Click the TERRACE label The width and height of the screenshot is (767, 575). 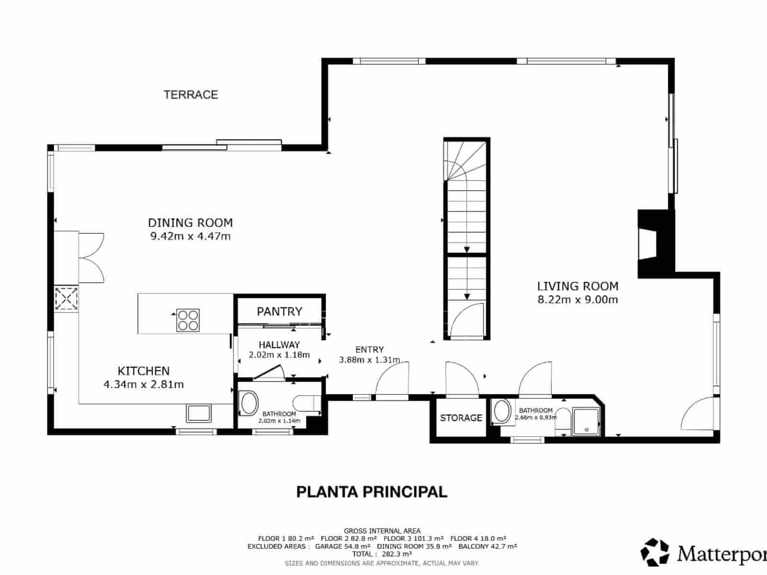(191, 95)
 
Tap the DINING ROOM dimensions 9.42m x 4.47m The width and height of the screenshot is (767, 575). (190, 236)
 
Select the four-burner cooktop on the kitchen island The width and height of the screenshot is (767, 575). (188, 320)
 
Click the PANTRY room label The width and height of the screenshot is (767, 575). (279, 311)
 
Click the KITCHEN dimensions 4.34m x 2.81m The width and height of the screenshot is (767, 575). (143, 384)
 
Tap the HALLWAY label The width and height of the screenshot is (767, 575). (279, 345)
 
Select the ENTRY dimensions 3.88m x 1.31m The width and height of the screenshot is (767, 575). (369, 360)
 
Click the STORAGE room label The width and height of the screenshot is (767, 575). (461, 418)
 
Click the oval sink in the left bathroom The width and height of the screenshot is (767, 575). (249, 403)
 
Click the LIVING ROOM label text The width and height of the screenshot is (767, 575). (577, 287)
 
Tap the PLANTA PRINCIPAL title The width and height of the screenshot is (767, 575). (372, 492)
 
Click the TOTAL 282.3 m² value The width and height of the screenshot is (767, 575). (382, 553)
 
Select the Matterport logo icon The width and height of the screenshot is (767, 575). (655, 552)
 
